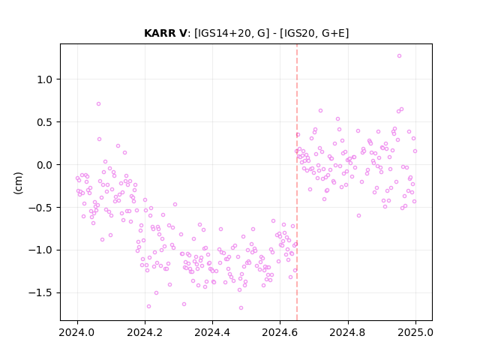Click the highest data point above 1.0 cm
(399, 56)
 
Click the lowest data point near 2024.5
(241, 307)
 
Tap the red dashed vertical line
(297, 182)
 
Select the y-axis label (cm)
(18, 183)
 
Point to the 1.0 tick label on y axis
(45, 79)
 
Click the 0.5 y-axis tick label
(45, 122)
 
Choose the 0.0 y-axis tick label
(45, 165)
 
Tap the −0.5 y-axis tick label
(40, 208)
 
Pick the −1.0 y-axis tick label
(40, 250)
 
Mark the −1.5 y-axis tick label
(40, 293)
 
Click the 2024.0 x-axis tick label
(77, 332)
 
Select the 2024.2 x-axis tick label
(145, 332)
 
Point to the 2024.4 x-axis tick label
(212, 332)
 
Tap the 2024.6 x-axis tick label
(280, 332)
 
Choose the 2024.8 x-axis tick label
(348, 332)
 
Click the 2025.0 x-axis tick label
(415, 332)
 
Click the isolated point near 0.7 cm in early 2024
(98, 103)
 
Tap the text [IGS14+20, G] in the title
(232, 33)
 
